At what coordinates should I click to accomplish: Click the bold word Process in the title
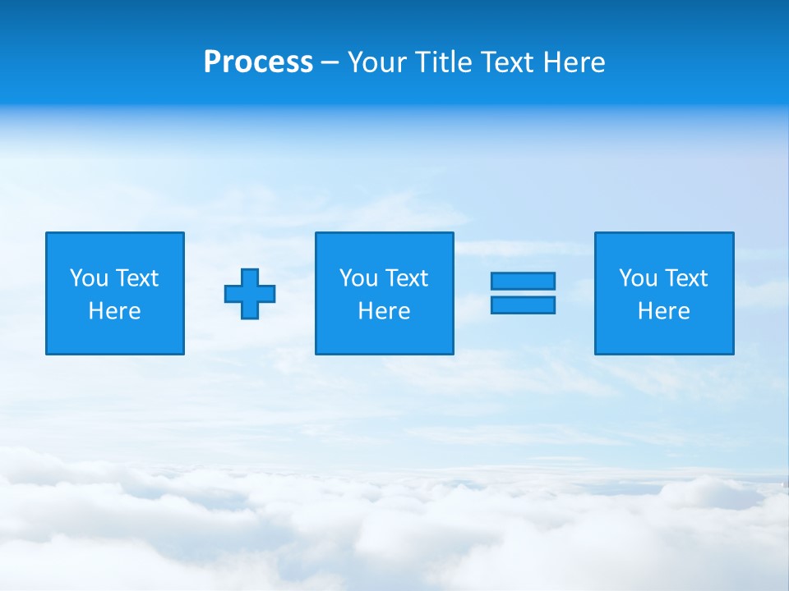(x=258, y=62)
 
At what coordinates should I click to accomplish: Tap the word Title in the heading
(x=444, y=62)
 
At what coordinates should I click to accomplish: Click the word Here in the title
(x=574, y=62)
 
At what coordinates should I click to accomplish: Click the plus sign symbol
(x=250, y=294)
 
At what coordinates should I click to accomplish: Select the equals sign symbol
(x=523, y=293)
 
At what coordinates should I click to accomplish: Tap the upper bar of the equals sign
(x=523, y=281)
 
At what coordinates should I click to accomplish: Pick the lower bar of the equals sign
(x=523, y=305)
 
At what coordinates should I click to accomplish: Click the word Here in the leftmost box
(x=115, y=311)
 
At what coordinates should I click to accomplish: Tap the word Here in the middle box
(x=384, y=311)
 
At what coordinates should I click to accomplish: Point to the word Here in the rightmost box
(x=664, y=311)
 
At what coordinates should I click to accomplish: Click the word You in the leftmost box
(x=90, y=278)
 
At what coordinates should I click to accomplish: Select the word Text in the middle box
(x=406, y=278)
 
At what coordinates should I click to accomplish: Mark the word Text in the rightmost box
(x=685, y=278)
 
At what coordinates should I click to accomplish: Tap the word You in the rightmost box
(x=639, y=278)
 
